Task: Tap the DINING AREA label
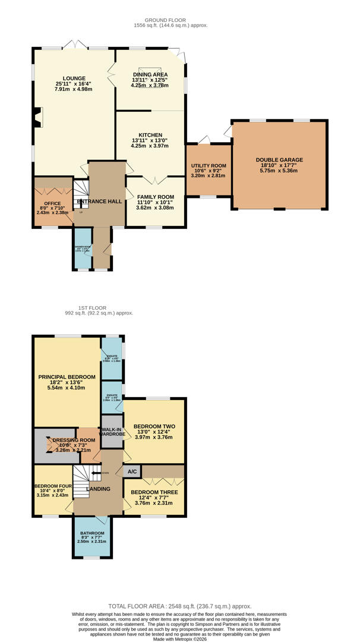150,74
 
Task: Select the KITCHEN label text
150,135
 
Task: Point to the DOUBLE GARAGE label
279,160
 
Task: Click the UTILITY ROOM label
209,166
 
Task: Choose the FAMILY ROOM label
155,197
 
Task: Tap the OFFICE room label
45,203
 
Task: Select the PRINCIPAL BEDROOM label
67,377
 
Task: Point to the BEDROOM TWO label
154,426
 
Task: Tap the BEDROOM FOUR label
53,485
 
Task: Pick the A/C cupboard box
132,471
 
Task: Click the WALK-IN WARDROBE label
112,432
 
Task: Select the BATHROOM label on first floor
92,533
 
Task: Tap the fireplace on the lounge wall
38,117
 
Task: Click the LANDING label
99,489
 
